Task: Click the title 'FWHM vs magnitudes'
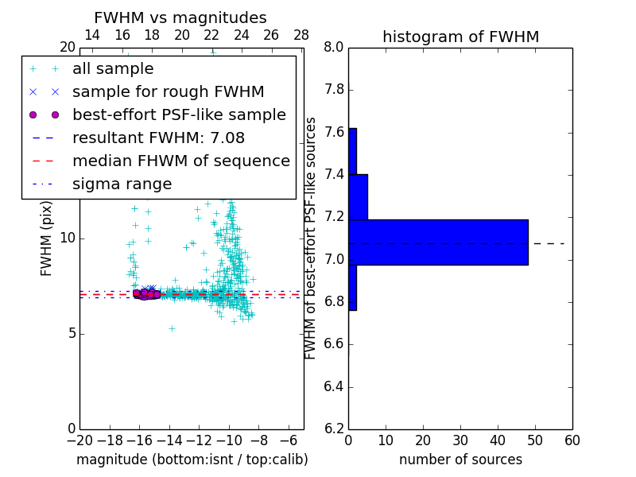pyautogui.click(x=180, y=18)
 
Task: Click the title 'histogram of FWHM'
pyautogui.click(x=460, y=37)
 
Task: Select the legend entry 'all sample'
pyautogui.click(x=113, y=69)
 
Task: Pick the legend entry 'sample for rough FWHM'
pyautogui.click(x=168, y=91)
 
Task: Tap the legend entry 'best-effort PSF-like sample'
pyautogui.click(x=179, y=114)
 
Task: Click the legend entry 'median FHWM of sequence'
pyautogui.click(x=180, y=161)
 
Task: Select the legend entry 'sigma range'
pyautogui.click(x=122, y=184)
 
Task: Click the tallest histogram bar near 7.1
pyautogui.click(x=438, y=242)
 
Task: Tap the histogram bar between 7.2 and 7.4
pyautogui.click(x=358, y=196)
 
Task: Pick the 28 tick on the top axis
pyautogui.click(x=301, y=35)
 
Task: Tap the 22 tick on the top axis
pyautogui.click(x=211, y=35)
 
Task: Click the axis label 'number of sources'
pyautogui.click(x=460, y=460)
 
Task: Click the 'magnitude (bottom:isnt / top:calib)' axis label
pyautogui.click(x=192, y=460)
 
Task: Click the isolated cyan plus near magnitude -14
pyautogui.click(x=171, y=328)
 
